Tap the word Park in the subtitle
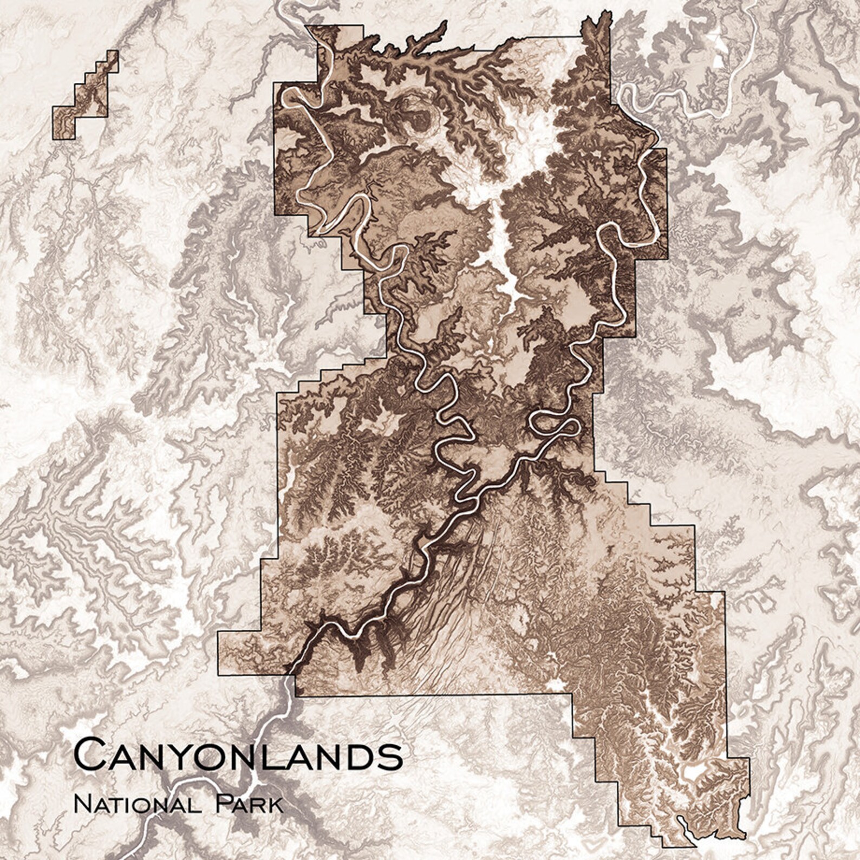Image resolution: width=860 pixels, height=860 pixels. [250, 803]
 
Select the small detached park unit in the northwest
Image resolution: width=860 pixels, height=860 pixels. [86, 95]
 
